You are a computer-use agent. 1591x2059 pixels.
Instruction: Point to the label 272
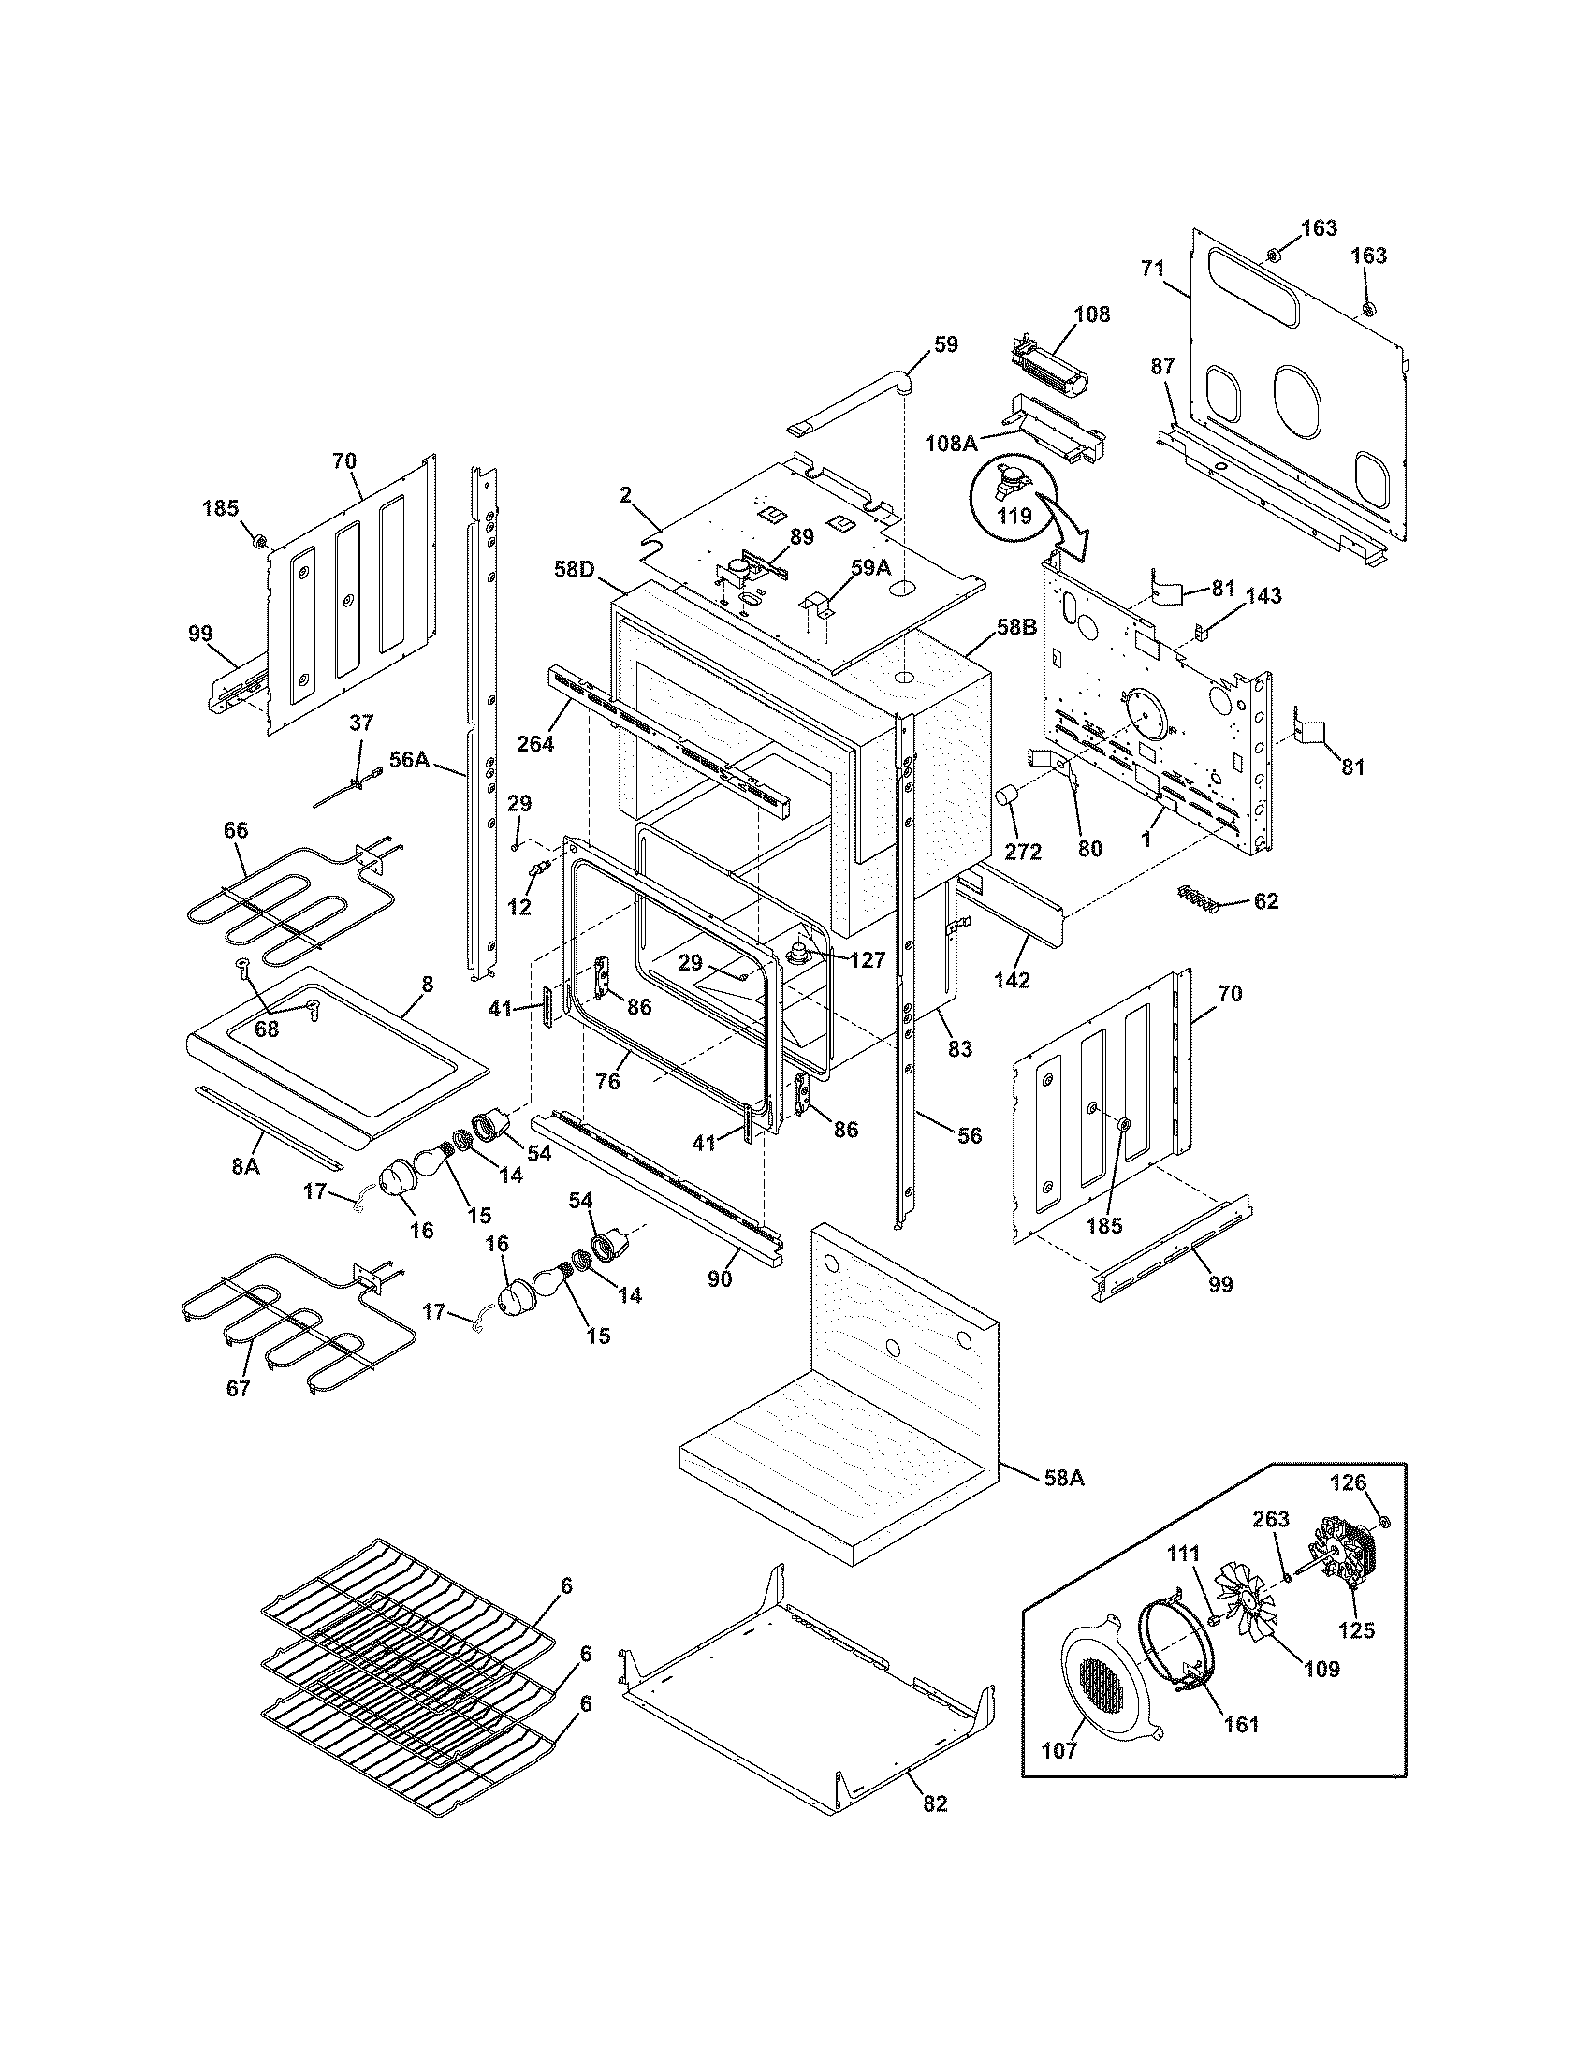1023,852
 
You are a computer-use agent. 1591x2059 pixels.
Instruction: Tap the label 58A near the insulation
1062,1478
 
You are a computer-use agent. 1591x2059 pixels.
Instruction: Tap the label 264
534,743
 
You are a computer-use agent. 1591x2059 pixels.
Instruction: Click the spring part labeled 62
1195,898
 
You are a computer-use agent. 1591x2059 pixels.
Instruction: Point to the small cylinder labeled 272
1009,797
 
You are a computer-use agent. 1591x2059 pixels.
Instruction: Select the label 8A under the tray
245,1165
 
